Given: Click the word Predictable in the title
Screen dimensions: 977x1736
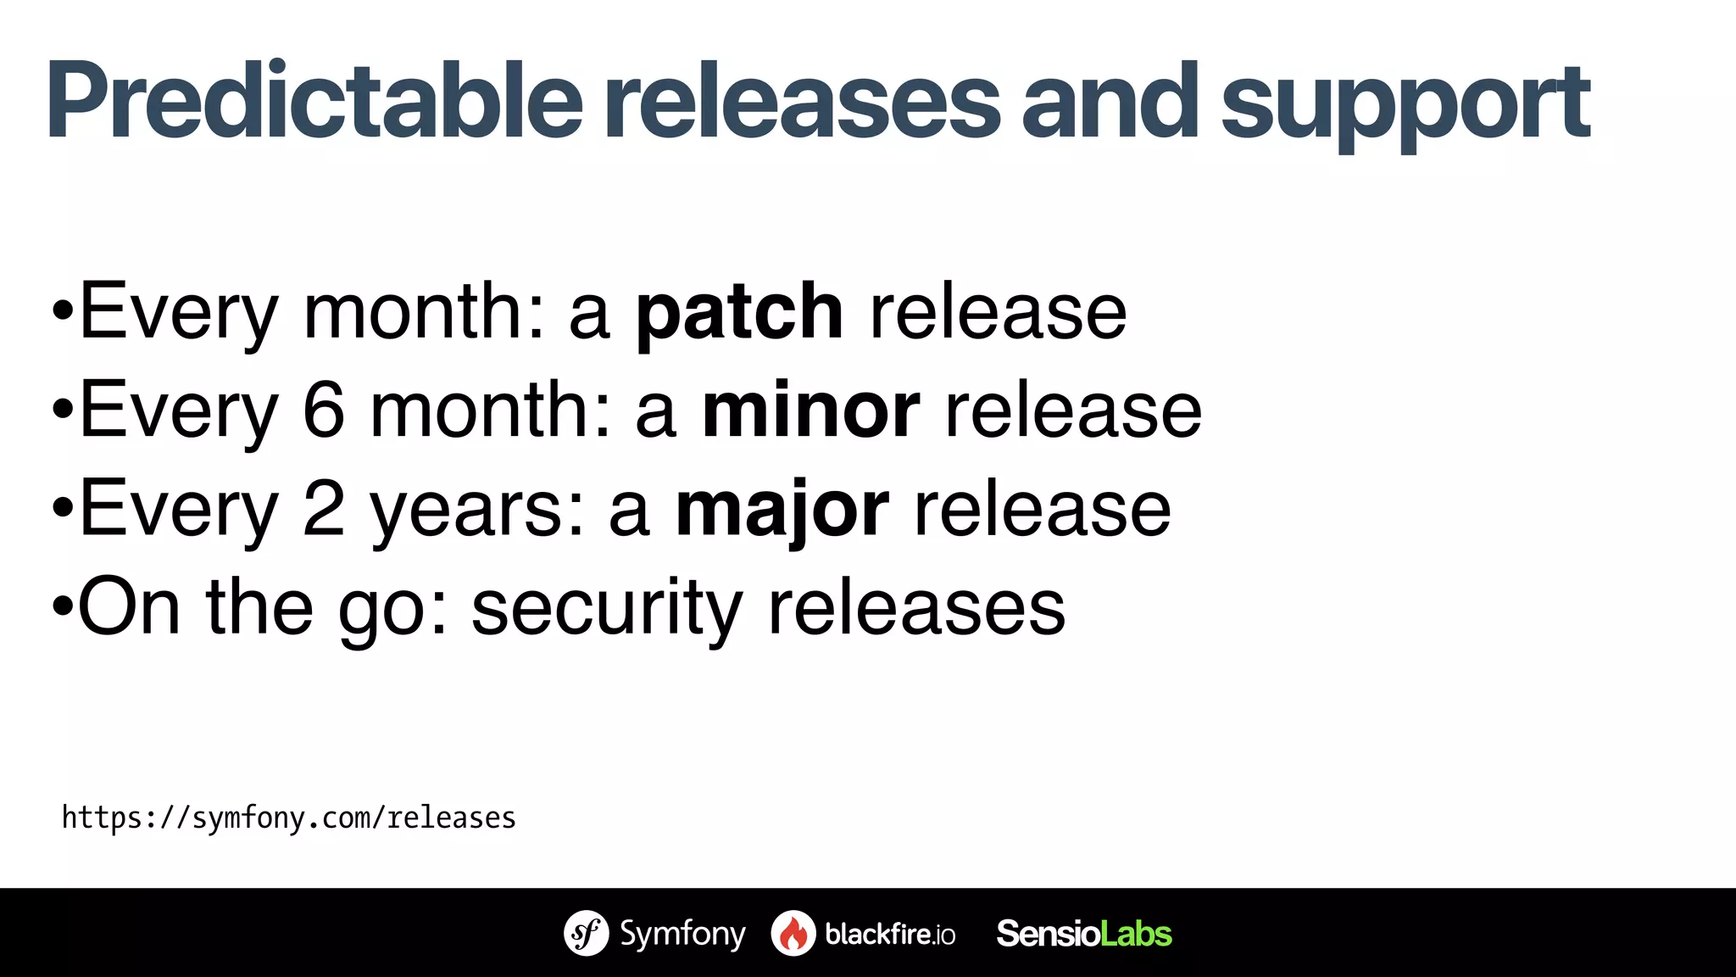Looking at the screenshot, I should (314, 102).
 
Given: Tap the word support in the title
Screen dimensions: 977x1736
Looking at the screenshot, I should (1405, 106).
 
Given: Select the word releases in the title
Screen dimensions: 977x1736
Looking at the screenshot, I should (802, 102).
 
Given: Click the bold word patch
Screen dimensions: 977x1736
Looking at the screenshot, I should (739, 314).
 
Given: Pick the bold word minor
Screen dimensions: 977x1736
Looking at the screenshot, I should (810, 410).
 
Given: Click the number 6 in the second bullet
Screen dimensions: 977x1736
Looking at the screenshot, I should (324, 410).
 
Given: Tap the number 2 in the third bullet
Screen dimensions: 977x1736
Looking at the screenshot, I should (324, 509).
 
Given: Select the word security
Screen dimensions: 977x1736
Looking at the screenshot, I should (607, 609).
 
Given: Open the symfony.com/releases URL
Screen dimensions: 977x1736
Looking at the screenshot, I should (288, 818).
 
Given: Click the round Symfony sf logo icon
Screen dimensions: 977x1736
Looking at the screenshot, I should (586, 933).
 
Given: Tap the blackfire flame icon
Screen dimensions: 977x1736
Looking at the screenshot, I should (793, 933).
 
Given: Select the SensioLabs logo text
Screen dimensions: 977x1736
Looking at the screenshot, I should (1083, 933).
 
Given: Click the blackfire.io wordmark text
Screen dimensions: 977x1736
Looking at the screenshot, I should (890, 934).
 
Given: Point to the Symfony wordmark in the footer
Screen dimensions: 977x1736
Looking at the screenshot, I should (682, 934).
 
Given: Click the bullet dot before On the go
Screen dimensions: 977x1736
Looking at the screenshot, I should (62, 607).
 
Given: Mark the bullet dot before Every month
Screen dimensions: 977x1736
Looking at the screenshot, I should (62, 311).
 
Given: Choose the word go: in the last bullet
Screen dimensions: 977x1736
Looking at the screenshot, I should (392, 611).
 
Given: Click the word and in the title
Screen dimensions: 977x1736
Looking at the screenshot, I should (1110, 102).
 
